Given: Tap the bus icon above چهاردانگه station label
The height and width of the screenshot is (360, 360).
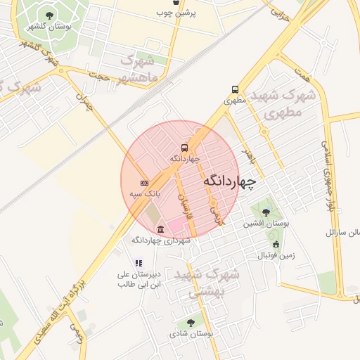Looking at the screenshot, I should pyautogui.click(x=184, y=148).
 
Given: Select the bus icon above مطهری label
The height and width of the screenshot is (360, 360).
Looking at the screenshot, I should pyautogui.click(x=235, y=89).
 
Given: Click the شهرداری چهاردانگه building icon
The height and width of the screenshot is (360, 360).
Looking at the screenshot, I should pyautogui.click(x=161, y=230).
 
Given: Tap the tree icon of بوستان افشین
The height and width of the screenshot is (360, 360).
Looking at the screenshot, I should pyautogui.click(x=265, y=212).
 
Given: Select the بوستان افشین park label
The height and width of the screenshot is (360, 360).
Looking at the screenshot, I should pyautogui.click(x=266, y=224).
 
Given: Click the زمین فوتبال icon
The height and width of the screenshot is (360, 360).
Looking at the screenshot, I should pyautogui.click(x=276, y=245).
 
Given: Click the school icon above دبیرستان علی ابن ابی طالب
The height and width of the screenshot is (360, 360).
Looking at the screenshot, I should pyautogui.click(x=139, y=263).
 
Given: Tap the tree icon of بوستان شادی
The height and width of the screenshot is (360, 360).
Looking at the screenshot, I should pyautogui.click(x=190, y=323).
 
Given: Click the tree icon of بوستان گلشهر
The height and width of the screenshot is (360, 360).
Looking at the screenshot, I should pyautogui.click(x=48, y=15).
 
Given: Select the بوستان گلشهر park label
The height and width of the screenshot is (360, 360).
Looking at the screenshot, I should pyautogui.click(x=46, y=26).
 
